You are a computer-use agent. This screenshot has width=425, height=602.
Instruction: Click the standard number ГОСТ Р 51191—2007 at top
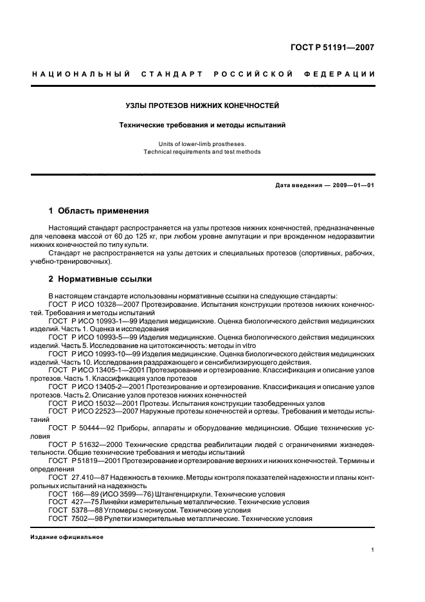tap(341, 47)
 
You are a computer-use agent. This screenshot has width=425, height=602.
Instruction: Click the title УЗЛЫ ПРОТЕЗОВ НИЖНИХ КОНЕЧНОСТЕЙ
tap(201, 105)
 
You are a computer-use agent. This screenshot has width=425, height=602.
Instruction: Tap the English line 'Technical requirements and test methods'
tap(201, 152)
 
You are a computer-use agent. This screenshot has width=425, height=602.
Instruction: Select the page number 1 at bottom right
tap(373, 551)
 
